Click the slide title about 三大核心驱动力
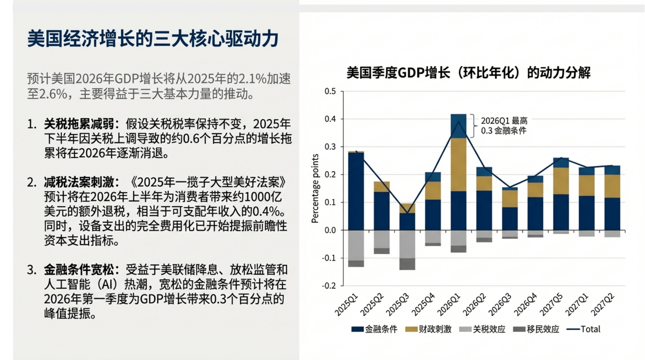(x=153, y=39)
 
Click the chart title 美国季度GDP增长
(x=468, y=72)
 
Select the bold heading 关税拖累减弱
(x=79, y=124)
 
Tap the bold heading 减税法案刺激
(x=79, y=182)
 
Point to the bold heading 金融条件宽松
(x=79, y=270)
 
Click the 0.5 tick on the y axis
(x=330, y=91)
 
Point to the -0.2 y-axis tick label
(x=329, y=285)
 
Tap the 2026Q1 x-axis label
(x=449, y=304)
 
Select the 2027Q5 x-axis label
(x=551, y=304)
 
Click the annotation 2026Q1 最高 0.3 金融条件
(x=504, y=126)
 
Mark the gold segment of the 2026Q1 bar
(x=458, y=165)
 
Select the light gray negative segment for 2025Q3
(x=407, y=244)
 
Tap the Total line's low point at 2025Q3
(x=407, y=213)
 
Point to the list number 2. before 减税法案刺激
(x=32, y=182)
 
